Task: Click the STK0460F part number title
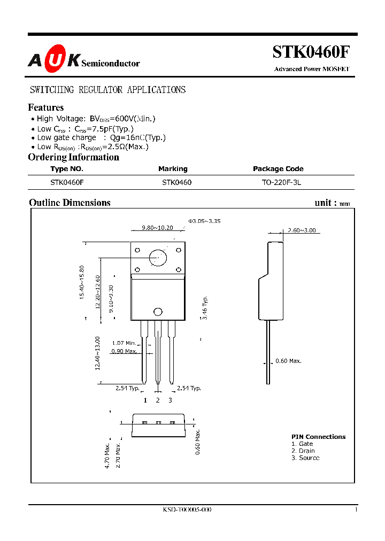[x=312, y=52]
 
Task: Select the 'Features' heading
[x=45, y=107]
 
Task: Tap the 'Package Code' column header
[x=278, y=169]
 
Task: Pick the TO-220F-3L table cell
[x=278, y=182]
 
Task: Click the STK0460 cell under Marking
[x=176, y=182]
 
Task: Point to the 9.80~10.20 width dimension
[x=158, y=228]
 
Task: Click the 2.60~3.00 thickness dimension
[x=301, y=230]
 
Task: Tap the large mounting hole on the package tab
[x=158, y=258]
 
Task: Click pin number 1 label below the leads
[x=145, y=400]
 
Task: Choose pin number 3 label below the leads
[x=170, y=400]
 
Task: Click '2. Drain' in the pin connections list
[x=303, y=451]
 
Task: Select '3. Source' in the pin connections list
[x=305, y=458]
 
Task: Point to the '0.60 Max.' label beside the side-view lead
[x=288, y=361]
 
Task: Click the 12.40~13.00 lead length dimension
[x=98, y=353]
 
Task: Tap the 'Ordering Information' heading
[x=73, y=157]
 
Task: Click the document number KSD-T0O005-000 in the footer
[x=187, y=510]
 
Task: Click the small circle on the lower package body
[x=158, y=312]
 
